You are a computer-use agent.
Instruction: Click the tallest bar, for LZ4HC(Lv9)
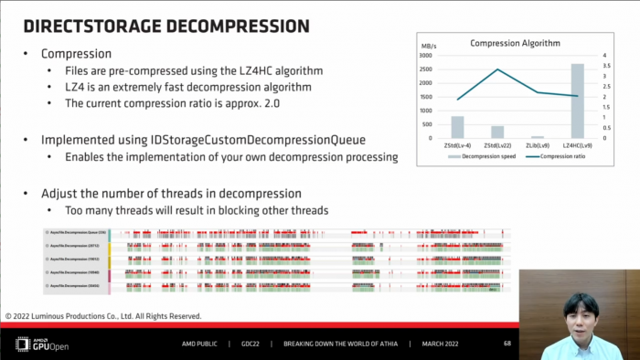pos(578,101)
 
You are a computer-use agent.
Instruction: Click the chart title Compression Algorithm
pos(515,43)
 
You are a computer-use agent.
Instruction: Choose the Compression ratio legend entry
pos(560,156)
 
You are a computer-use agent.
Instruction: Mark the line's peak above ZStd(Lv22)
pos(497,69)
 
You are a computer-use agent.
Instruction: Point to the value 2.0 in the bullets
pos(264,104)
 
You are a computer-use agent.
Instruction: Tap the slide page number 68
pos(507,344)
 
